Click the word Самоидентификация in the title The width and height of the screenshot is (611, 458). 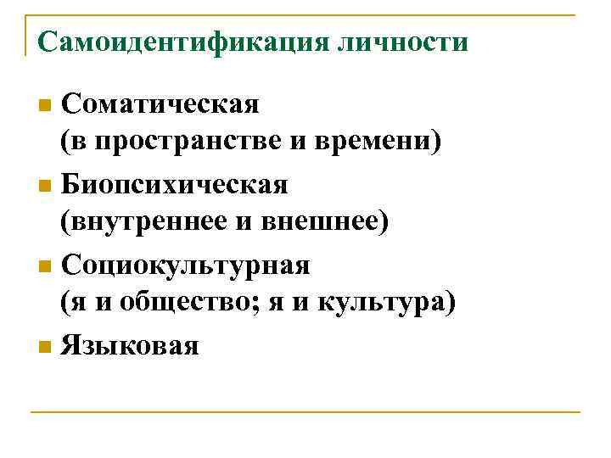[x=178, y=41]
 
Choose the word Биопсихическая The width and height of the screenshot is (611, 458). [x=175, y=183]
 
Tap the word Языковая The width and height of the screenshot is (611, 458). [x=130, y=344]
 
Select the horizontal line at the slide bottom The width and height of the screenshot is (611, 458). [x=305, y=413]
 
